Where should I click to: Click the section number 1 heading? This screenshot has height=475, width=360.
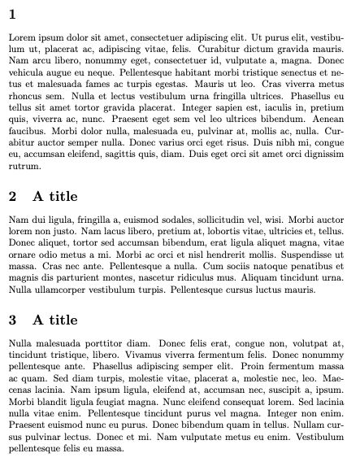(x=12, y=14)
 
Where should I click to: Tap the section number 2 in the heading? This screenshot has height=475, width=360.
(x=12, y=196)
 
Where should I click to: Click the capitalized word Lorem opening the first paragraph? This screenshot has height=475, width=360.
(x=23, y=37)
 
